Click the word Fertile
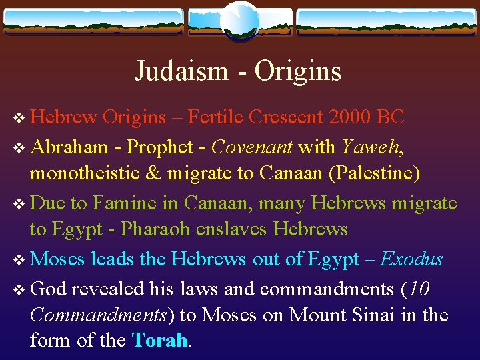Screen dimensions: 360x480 click(x=215, y=117)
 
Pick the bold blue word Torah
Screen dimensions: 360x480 click(x=161, y=341)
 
